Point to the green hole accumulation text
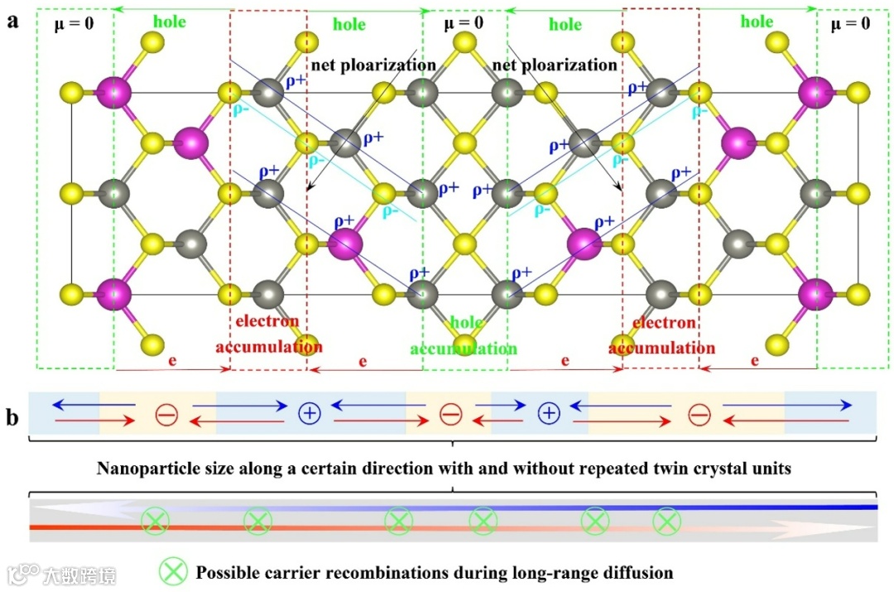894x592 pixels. pyautogui.click(x=465, y=335)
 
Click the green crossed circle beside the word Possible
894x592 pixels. pyautogui.click(x=173, y=570)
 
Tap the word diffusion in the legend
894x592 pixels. pyautogui.click(x=637, y=572)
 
